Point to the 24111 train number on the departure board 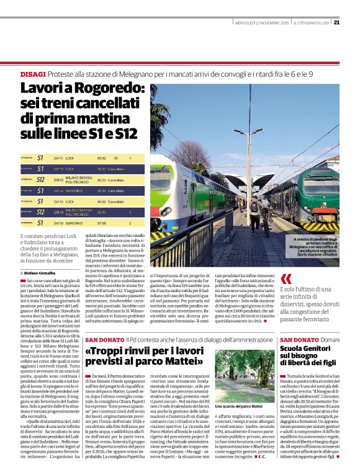click(x=58, y=158)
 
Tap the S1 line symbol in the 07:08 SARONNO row click(x=40, y=222)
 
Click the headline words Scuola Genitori click(x=305, y=349)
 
